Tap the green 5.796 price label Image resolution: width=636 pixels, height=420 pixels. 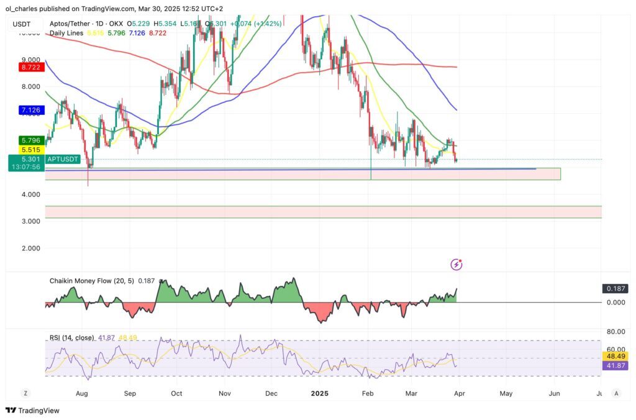click(30, 141)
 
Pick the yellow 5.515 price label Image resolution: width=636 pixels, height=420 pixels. click(30, 150)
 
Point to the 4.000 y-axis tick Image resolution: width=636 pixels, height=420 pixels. click(31, 194)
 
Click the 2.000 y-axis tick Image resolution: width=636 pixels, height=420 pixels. click(31, 248)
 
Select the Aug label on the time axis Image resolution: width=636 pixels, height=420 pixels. click(81, 393)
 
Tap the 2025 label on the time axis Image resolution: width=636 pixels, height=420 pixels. click(319, 393)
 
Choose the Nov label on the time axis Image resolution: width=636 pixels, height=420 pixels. click(225, 393)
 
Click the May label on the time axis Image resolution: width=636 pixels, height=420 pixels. click(506, 393)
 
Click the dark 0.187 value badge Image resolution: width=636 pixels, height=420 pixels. click(615, 289)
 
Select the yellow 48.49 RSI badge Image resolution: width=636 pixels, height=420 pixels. click(616, 356)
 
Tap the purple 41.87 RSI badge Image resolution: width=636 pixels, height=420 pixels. click(616, 365)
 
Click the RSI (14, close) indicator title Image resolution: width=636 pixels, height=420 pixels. click(71, 337)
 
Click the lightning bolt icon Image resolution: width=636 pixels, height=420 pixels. click(457, 265)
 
